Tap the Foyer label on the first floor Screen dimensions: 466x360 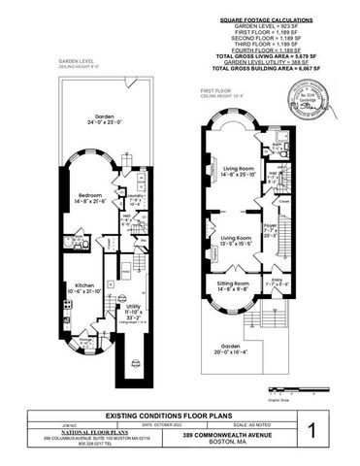[x=270, y=228]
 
